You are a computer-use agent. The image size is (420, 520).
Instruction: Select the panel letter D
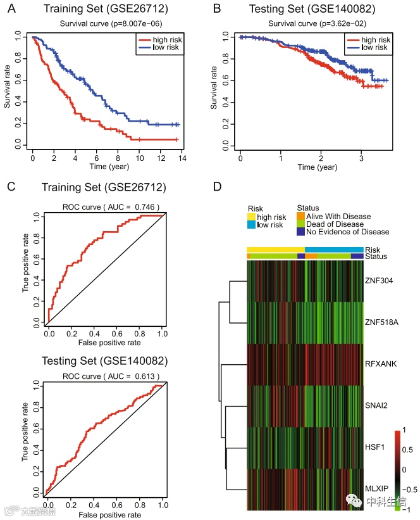point(217,187)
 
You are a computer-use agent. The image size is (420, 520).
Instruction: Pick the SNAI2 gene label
point(377,405)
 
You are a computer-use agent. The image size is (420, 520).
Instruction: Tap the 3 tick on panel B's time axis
point(361,156)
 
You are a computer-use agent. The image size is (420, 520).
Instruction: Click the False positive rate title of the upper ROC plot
point(105,343)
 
